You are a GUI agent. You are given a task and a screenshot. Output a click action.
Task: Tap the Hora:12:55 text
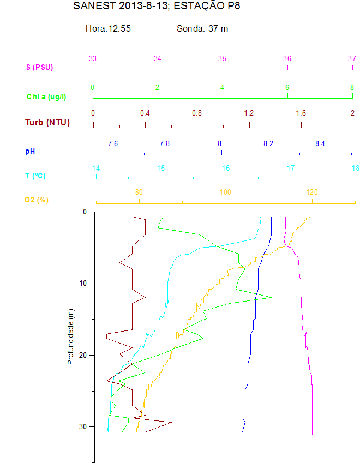pos(108,28)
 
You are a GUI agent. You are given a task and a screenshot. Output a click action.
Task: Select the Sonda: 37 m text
pos(202,28)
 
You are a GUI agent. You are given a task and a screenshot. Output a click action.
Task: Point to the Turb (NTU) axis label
pos(47,122)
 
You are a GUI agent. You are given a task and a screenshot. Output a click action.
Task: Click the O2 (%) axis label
pos(37,200)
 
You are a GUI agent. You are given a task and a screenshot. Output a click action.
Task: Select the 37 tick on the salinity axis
pos(352,58)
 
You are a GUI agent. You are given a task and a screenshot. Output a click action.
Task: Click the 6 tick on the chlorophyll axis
pos(287,87)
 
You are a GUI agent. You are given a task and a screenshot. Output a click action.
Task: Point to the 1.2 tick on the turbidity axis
pos(249,113)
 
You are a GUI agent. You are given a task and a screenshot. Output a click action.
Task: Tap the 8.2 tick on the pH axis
pos(268,143)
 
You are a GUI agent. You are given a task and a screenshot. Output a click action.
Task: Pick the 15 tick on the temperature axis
pos(161,169)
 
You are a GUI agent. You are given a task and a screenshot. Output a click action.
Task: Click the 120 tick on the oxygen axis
pos(312,192)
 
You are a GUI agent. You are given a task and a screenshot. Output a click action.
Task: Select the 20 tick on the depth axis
pos(82,355)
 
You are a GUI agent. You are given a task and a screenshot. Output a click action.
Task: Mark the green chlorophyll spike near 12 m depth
pos(271,297)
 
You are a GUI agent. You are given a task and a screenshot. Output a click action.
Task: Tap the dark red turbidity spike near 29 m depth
pos(171,422)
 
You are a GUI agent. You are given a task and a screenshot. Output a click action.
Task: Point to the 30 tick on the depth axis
pos(82,426)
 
